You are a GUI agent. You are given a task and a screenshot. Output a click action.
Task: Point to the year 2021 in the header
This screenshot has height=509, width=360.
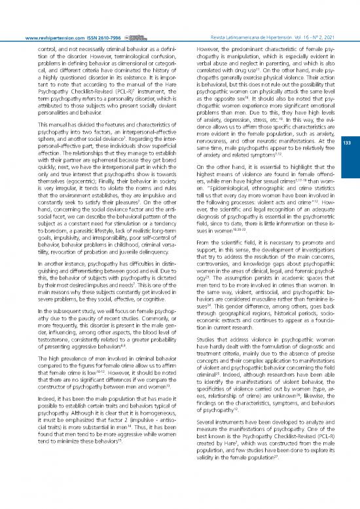(x=335, y=20)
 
